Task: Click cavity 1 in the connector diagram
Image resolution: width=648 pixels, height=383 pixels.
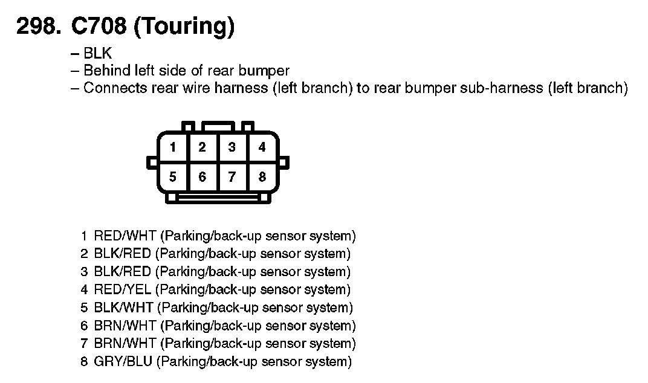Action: pos(173,147)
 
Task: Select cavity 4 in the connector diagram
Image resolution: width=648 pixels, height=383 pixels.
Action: pos(262,147)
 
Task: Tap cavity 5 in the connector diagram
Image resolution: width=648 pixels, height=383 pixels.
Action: pos(173,177)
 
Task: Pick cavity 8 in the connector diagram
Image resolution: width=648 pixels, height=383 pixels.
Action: pos(262,177)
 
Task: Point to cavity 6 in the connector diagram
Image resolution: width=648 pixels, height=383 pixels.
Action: pos(202,177)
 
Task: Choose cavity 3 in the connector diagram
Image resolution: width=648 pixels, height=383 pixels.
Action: pos(232,147)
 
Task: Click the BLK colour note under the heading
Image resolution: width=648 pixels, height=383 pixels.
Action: pos(98,53)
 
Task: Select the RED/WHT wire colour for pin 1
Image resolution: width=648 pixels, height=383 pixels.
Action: pos(125,236)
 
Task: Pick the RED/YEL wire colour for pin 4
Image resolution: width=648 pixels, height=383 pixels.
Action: pos(124,290)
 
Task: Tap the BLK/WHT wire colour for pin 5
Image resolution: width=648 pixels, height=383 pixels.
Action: pos(124,308)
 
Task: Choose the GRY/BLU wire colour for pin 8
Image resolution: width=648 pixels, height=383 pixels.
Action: pos(124,362)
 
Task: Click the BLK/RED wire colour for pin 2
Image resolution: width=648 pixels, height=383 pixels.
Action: pos(123,254)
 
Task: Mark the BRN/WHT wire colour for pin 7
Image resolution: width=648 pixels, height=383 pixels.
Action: pos(125,344)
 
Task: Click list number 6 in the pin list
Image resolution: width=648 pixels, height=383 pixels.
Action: pos(85,326)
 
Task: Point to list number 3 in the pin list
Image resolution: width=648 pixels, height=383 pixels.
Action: pos(85,272)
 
